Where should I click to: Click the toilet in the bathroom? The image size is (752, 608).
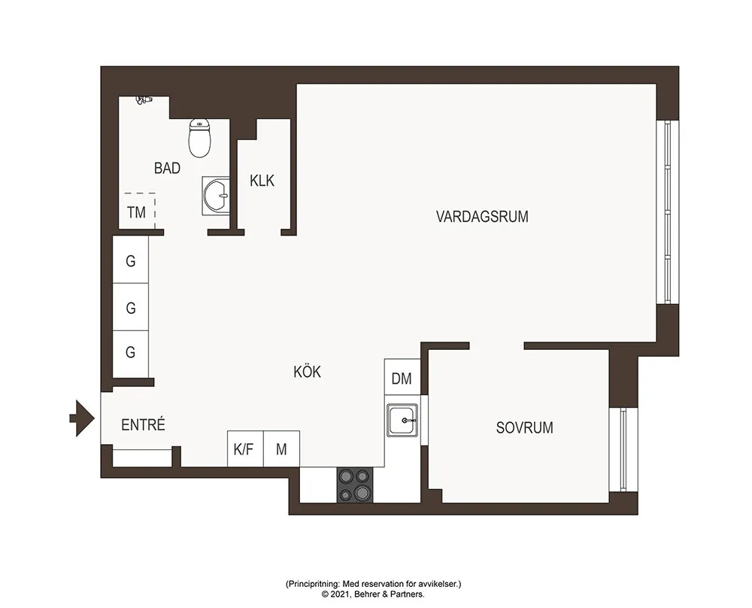[x=200, y=138]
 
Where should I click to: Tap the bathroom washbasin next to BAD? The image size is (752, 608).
[x=216, y=196]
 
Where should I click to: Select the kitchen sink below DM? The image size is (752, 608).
[x=402, y=420]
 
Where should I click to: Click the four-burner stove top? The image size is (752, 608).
[x=355, y=485]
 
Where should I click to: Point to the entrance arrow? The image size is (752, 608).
[x=82, y=418]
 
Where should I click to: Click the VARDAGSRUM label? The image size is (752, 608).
[x=482, y=217]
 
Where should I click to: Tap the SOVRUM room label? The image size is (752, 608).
[x=524, y=427]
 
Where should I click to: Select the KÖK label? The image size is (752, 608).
[x=307, y=372]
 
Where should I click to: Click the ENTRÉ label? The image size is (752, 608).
[x=143, y=424]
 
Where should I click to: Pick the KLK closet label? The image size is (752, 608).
[x=262, y=181]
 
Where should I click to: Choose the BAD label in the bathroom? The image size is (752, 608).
[x=167, y=168]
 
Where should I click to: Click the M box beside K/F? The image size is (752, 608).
[x=281, y=448]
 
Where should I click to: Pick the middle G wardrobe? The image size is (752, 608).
[x=130, y=307]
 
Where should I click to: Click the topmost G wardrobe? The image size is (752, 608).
[x=130, y=260]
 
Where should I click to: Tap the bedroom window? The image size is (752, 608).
[x=623, y=449]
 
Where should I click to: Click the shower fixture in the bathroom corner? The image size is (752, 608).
[x=144, y=100]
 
